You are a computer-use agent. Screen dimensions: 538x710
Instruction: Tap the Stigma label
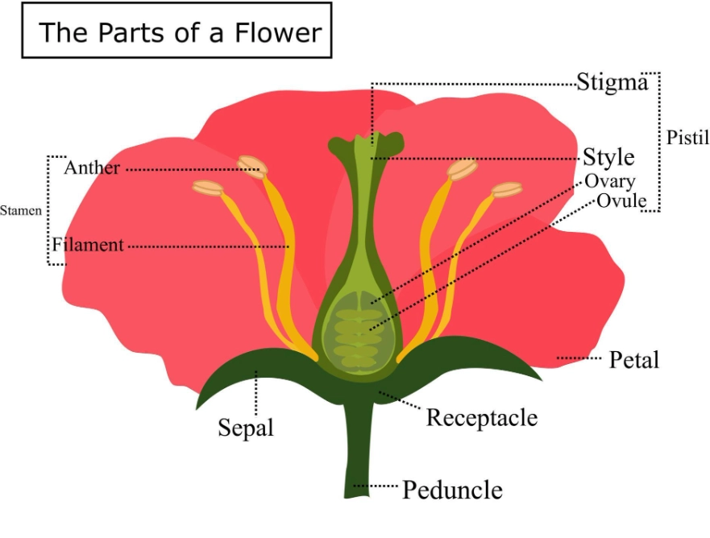point(612,82)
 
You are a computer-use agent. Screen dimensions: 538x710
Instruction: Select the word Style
point(608,156)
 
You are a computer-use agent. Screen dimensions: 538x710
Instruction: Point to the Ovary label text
point(609,181)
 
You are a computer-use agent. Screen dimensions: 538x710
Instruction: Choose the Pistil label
point(687,138)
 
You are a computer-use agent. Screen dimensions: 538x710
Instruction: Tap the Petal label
point(633,358)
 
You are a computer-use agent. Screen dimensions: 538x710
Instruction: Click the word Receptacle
point(481,417)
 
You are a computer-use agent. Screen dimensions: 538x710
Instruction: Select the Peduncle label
point(452,489)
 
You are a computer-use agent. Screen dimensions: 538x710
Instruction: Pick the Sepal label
point(246,426)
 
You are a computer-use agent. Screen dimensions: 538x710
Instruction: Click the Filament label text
point(88,245)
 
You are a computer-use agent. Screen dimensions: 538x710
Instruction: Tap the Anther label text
point(92,168)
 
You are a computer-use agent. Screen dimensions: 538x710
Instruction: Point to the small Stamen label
point(20,211)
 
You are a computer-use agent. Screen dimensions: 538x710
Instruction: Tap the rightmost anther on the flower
point(507,190)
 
